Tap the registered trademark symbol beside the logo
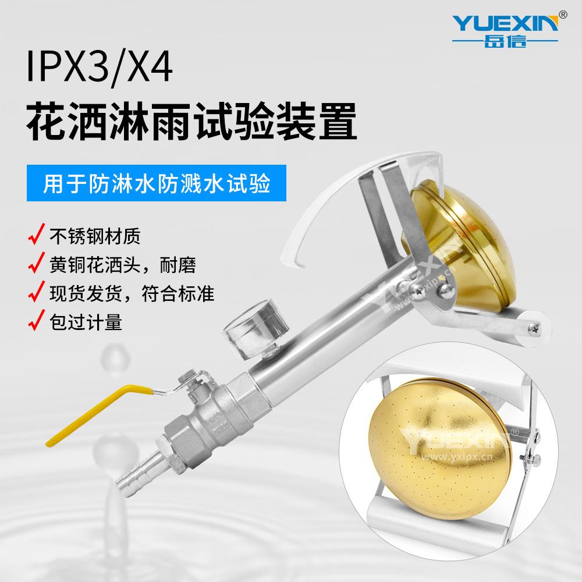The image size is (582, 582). [x=563, y=13]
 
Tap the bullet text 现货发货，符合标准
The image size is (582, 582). [x=130, y=293]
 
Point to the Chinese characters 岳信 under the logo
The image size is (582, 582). [x=505, y=41]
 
